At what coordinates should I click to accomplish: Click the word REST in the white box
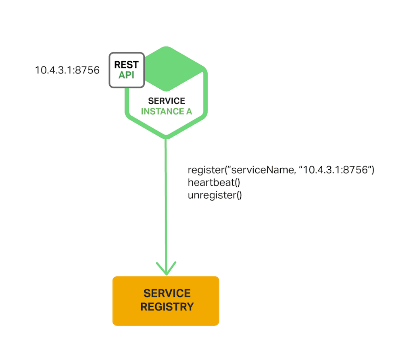[126, 65]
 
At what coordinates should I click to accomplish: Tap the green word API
[126, 75]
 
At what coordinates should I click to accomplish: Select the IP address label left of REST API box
[67, 70]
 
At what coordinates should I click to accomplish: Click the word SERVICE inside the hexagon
[166, 101]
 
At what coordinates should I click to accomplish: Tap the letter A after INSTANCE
[188, 111]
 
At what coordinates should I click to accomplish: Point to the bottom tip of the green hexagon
[166, 137]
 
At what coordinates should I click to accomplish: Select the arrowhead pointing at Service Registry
[166, 268]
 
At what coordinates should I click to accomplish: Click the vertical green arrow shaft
[166, 202]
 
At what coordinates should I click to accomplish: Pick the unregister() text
[215, 196]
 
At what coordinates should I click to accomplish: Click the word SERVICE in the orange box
[167, 293]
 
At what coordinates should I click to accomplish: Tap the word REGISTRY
[167, 307]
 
